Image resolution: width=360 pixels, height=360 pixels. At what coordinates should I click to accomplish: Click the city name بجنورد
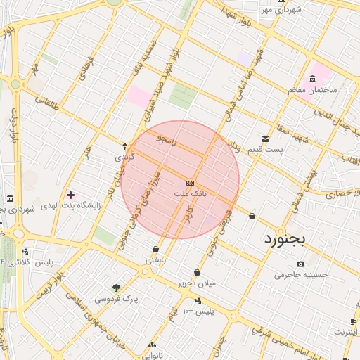tap(286, 239)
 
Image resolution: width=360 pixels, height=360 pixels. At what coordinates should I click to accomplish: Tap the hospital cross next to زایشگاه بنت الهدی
tap(70, 194)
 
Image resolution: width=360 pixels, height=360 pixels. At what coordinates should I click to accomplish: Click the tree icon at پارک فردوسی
tap(116, 288)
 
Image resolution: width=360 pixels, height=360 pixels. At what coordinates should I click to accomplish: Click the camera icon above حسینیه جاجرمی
tap(301, 264)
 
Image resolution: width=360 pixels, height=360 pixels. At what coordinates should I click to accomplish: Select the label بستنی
tap(155, 259)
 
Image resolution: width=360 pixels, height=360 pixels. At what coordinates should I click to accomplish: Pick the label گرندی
tap(125, 157)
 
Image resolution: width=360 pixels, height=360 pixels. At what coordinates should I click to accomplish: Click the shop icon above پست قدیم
tap(265, 138)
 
